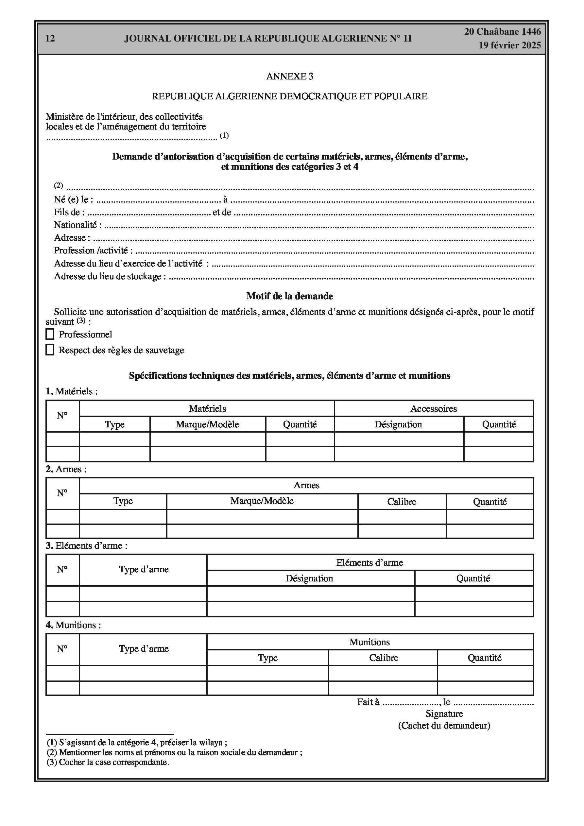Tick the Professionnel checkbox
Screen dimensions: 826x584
click(50, 334)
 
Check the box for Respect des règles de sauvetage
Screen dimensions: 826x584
click(50, 350)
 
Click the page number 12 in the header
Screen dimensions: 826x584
click(50, 39)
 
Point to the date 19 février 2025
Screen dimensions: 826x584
click(509, 45)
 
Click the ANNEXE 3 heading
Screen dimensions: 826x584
click(290, 76)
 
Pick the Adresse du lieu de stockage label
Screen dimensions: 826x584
click(110, 276)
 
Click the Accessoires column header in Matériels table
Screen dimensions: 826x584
click(434, 409)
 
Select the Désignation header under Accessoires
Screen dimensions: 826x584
click(398, 424)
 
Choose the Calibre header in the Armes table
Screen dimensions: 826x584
click(402, 502)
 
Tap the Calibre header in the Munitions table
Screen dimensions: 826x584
click(384, 658)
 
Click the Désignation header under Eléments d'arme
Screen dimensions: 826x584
click(309, 578)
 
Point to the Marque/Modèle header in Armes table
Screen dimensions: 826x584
click(262, 501)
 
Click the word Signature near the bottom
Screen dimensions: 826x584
click(444, 714)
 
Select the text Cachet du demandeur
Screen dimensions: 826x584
click(444, 726)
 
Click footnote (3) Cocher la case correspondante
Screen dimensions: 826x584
click(108, 762)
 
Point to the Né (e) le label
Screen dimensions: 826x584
click(74, 200)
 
